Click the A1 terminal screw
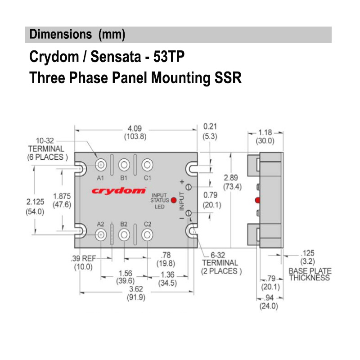[x=101, y=165]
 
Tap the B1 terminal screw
[x=124, y=165]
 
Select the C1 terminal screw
[x=147, y=165]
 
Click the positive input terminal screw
[x=189, y=187]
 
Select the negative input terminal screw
[x=189, y=213]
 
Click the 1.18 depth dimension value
[x=265, y=133]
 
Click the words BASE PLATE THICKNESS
[x=310, y=274]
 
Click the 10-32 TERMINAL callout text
[x=46, y=148]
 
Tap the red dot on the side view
[x=257, y=200]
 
